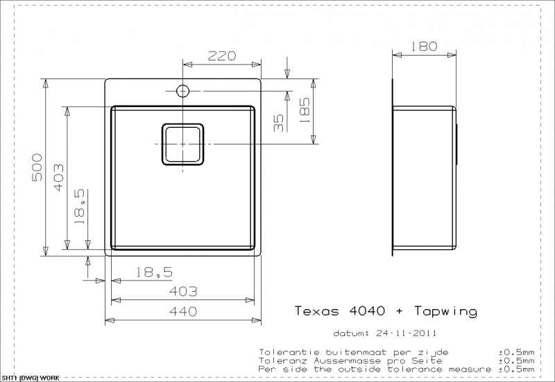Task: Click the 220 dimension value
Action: pyautogui.click(x=221, y=56)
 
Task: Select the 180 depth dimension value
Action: pyautogui.click(x=424, y=47)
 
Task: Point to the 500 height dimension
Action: pyautogui.click(x=37, y=167)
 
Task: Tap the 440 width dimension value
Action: pyautogui.click(x=183, y=311)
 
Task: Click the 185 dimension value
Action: pyautogui.click(x=305, y=110)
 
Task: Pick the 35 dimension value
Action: pyautogui.click(x=279, y=123)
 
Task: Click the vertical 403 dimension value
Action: pyautogui.click(x=59, y=177)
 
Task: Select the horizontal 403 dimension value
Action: pyautogui.click(x=183, y=291)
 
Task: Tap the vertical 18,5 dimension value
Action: pyautogui.click(x=80, y=206)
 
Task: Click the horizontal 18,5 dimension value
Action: pyautogui.click(x=155, y=272)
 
